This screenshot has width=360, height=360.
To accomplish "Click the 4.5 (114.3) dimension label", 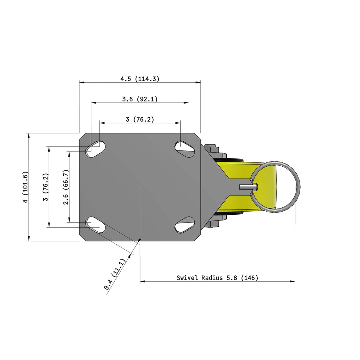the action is (x=140, y=79).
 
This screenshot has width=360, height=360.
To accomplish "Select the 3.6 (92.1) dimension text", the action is (x=140, y=99).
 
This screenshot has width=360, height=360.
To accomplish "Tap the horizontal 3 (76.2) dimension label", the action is (x=140, y=120).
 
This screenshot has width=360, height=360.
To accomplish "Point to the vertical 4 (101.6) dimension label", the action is (x=25, y=187).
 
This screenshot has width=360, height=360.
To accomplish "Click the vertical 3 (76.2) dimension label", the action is (x=46, y=187).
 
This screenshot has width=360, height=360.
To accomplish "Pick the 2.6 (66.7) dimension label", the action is (x=66, y=187).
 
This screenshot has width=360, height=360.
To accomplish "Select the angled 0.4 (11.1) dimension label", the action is (x=115, y=274).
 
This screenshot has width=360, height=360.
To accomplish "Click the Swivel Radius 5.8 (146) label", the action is (x=217, y=278).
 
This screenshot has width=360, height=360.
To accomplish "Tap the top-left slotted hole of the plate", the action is (x=95, y=149).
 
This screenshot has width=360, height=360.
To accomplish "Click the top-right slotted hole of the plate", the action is (x=185, y=149).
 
